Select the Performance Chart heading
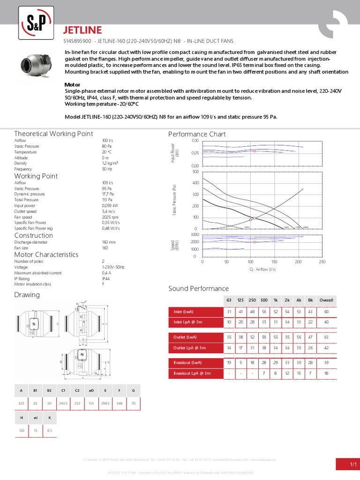(197, 134)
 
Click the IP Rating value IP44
(106, 278)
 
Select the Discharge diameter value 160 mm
(109, 242)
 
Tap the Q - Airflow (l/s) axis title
(262, 270)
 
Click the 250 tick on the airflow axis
(322, 262)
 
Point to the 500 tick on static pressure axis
(195, 172)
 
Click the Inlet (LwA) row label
(184, 312)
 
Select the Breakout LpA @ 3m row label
(192, 373)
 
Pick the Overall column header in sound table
(326, 300)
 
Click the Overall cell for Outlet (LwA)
(326, 337)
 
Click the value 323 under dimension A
(21, 403)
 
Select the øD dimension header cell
(92, 390)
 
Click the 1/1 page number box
(347, 464)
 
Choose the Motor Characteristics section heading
(46, 255)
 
